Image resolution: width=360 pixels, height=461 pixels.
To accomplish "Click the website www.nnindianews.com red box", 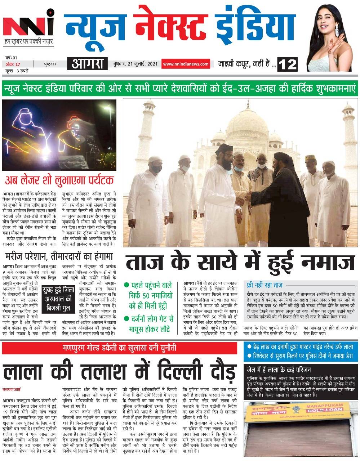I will (186, 64).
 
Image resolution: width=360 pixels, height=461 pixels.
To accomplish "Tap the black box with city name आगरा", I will (88, 64).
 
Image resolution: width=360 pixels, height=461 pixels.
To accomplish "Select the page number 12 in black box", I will (287, 64).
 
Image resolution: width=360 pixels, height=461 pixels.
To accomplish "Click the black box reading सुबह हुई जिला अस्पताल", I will (58, 299).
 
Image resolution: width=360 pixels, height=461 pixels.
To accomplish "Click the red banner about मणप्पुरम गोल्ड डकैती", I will (119, 348).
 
